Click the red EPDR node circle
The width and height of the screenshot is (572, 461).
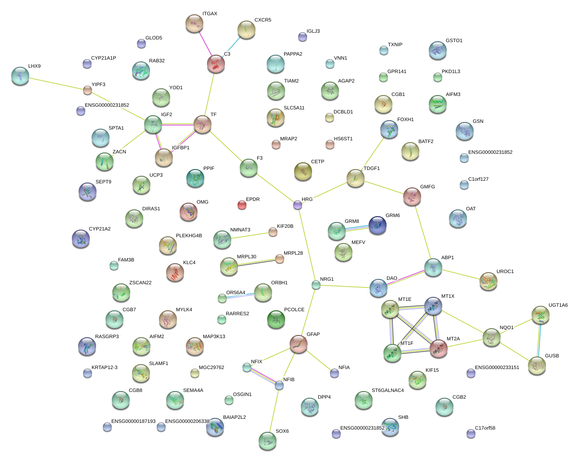242,205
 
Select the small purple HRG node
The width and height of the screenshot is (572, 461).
298,205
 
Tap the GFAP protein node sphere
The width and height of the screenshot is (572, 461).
299,344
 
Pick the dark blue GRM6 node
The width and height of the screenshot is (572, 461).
378,225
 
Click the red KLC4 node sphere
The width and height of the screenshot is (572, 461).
175,272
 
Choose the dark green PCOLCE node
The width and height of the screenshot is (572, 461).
276,319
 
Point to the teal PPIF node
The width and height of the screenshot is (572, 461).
195,178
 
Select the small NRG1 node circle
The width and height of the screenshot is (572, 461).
316,284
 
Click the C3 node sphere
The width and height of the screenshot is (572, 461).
216,64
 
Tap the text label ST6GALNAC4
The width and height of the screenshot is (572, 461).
387,390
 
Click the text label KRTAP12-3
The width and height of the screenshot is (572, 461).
105,368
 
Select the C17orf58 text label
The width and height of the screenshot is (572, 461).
485,428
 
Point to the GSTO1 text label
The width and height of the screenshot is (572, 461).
454,41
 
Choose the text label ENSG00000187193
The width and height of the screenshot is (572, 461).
133,422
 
